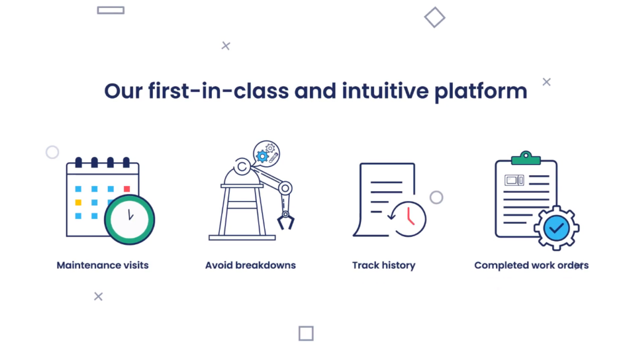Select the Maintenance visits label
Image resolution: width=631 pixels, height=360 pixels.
[x=103, y=265]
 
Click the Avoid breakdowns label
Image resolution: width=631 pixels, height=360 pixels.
[x=250, y=265]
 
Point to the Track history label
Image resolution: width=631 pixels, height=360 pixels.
[x=383, y=266]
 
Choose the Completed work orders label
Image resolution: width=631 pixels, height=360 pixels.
[x=531, y=266]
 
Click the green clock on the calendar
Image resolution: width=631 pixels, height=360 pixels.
[x=129, y=219]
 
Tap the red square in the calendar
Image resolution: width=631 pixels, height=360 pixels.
[x=127, y=189]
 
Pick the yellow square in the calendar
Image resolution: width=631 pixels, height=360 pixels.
[x=78, y=202]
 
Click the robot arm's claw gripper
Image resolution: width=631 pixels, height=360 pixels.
[x=286, y=221]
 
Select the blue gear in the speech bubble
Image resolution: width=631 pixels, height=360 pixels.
[x=263, y=156]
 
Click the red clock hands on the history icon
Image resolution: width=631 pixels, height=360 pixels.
[x=410, y=216]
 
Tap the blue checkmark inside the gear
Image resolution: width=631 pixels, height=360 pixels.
[x=556, y=228]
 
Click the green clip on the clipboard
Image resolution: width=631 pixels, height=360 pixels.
[x=526, y=158]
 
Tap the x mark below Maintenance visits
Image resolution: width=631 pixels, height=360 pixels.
[x=98, y=297]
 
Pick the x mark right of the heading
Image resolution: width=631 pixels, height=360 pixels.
[x=547, y=82]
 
